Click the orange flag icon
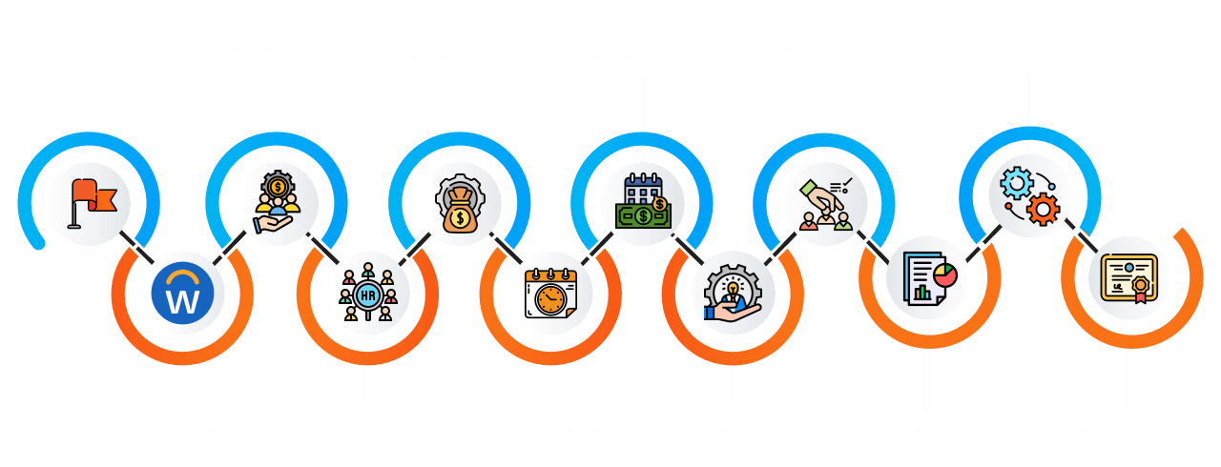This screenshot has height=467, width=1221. [x=90, y=202]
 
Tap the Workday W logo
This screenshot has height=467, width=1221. [x=182, y=293]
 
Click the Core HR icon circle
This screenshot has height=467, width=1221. [x=367, y=293]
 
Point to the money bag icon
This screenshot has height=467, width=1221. [x=460, y=202]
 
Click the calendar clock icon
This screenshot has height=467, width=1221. [x=551, y=293]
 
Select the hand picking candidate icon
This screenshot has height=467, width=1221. [x=826, y=202]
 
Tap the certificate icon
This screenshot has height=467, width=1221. [x=1129, y=277]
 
